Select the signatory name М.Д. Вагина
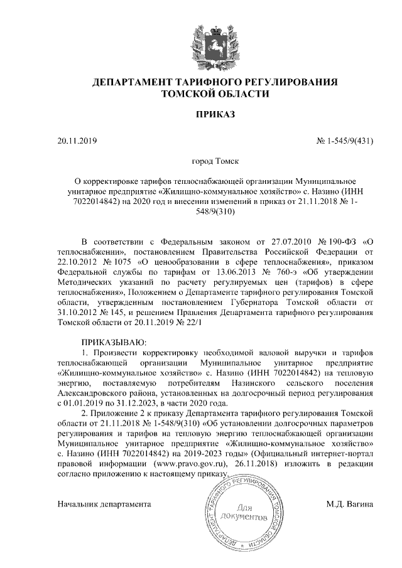click(x=350, y=503)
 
